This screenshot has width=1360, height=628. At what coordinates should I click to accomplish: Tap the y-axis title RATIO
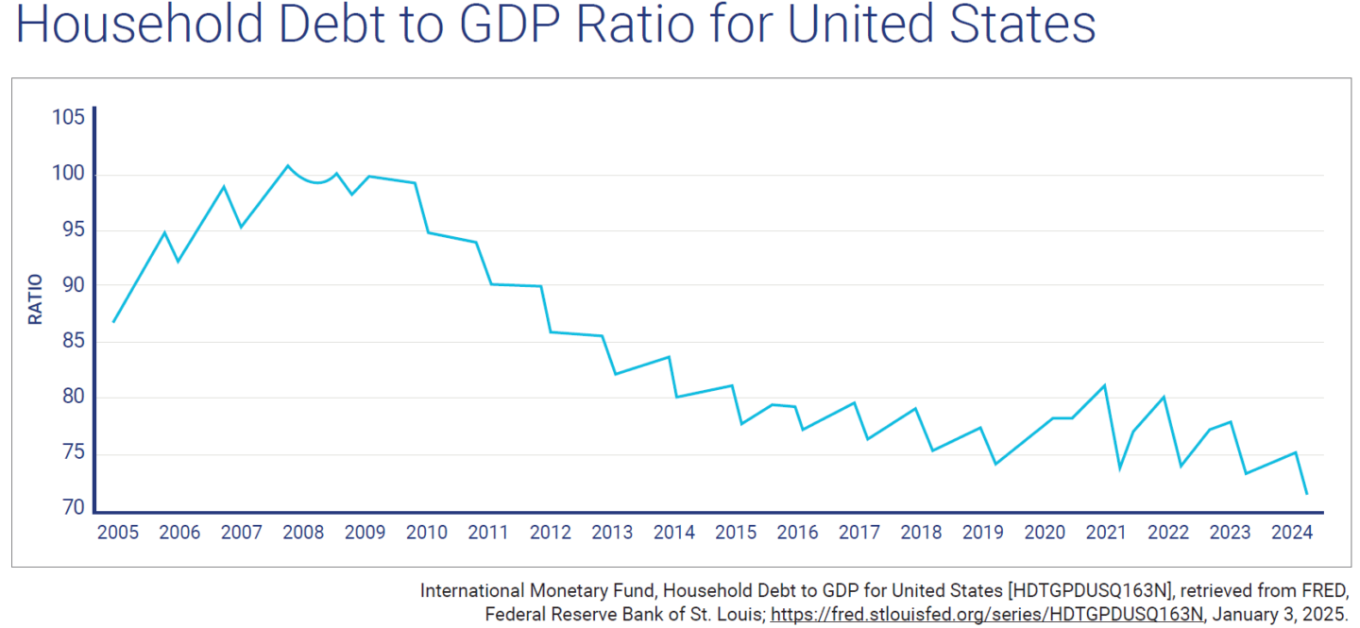point(36,298)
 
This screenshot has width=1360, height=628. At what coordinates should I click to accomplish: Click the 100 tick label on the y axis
point(68,174)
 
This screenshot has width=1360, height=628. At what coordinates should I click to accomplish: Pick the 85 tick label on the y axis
point(72,341)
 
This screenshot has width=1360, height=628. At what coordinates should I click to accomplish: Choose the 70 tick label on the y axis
point(72,509)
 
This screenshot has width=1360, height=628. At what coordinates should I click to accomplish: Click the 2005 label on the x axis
point(118,533)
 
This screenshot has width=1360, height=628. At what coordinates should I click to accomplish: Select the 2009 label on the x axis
point(365,533)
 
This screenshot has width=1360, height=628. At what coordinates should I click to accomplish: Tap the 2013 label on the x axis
point(612,533)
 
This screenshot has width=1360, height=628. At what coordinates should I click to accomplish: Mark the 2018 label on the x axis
point(921,533)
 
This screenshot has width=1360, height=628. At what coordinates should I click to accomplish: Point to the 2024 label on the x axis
point(1292,533)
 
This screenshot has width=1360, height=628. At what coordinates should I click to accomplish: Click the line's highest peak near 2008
point(288,166)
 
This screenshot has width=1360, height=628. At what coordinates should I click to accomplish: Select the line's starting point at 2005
point(113,322)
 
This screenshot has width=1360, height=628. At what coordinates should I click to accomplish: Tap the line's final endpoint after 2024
point(1307,494)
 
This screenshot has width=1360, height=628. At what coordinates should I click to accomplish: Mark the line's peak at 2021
point(1104,385)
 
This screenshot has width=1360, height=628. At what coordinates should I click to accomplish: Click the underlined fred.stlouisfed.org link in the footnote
point(986,615)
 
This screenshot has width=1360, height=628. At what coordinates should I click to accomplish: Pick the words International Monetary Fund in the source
point(537,591)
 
